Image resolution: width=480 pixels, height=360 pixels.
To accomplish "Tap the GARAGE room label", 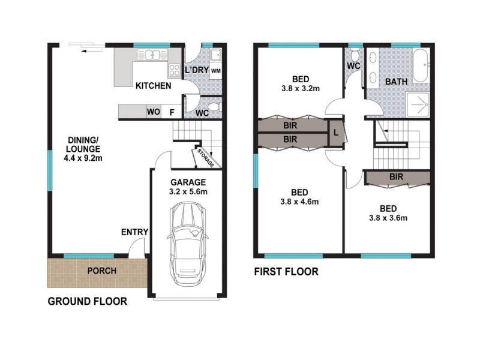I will point(188,182).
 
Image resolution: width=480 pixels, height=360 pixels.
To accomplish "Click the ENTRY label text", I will point(134,232).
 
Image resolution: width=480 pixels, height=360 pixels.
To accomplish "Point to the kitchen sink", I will point(152,55).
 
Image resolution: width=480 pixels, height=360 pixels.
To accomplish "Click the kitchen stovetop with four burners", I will point(175,70).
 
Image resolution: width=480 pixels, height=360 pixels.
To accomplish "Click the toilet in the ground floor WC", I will point(217,107).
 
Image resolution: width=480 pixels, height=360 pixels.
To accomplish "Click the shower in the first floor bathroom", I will point(419,103).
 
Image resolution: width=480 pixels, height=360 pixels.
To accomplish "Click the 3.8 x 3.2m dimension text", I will point(301,89).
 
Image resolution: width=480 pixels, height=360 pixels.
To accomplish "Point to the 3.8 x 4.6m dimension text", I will point(299,202).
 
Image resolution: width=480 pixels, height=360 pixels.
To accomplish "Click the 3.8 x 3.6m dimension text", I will point(388,218).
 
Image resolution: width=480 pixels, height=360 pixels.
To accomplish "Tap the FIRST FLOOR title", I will point(286,272).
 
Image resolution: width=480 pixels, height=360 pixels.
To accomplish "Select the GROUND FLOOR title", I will point(87,301).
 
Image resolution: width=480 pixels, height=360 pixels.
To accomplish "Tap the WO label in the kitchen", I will point(154,111).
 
